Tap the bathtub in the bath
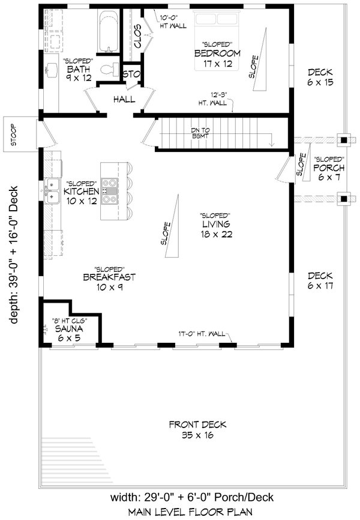point(107,31)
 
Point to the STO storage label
point(131,74)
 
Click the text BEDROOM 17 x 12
point(217,58)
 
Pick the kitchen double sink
point(52,192)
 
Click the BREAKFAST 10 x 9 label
point(109,282)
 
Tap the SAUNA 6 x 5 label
point(68,333)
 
